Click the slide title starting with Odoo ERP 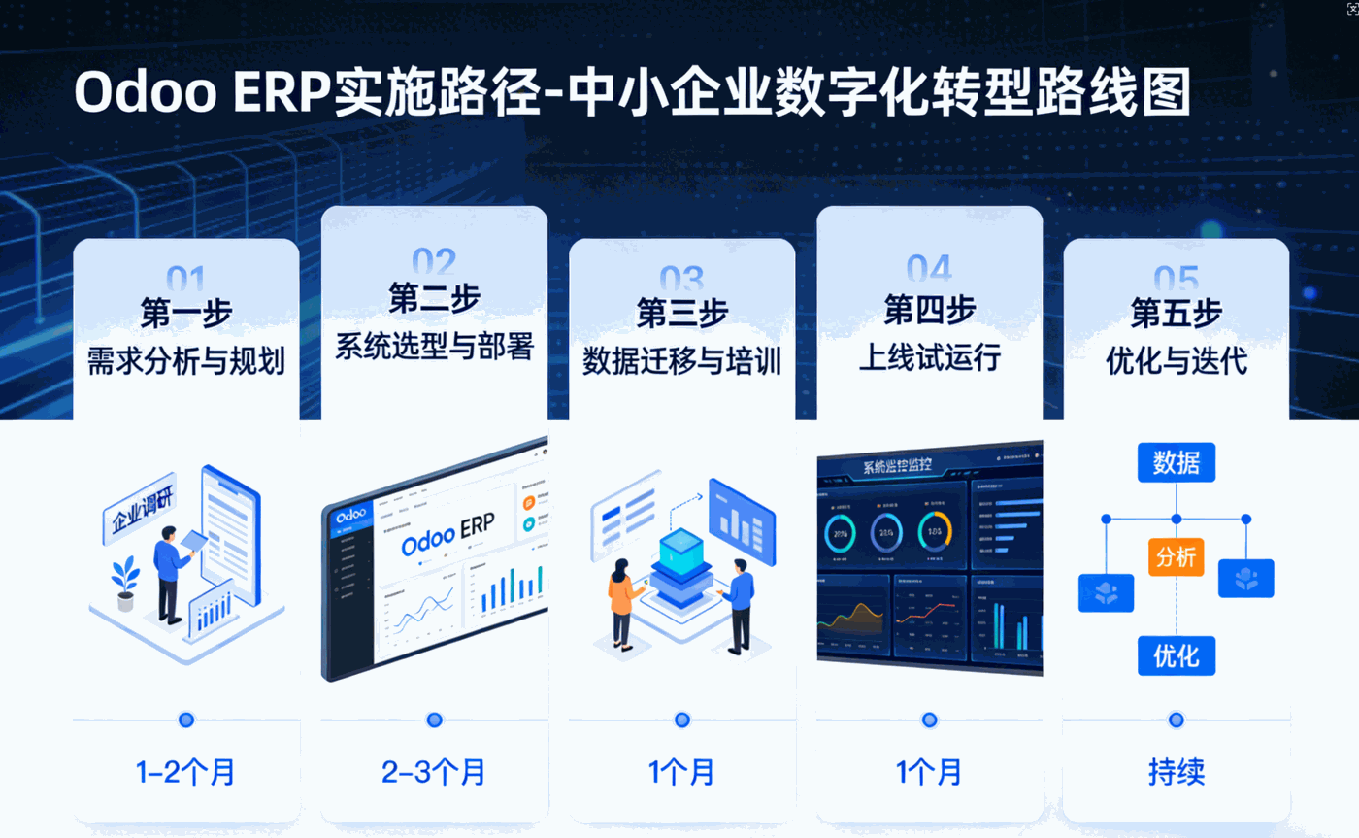632,93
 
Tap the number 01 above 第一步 185,280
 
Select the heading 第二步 434,298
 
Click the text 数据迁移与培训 681,361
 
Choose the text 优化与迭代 1177,361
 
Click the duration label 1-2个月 185,773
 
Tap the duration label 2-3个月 434,773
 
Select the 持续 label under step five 1177,773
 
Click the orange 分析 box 1177,557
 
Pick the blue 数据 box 1177,463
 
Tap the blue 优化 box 1177,655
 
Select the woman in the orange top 621,602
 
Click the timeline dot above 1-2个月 186,720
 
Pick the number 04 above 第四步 929,267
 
